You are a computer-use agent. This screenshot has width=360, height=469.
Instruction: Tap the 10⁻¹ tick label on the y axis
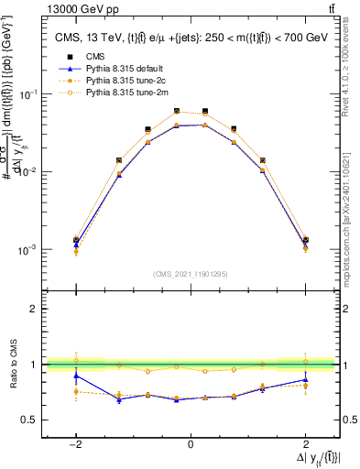28,95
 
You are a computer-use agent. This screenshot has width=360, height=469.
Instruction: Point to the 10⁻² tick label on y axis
28,172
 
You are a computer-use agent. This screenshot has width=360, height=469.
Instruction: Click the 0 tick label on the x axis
191,444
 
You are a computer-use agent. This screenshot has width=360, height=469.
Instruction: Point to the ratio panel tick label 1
36,365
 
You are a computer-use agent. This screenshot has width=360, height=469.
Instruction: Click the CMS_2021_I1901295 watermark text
191,274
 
